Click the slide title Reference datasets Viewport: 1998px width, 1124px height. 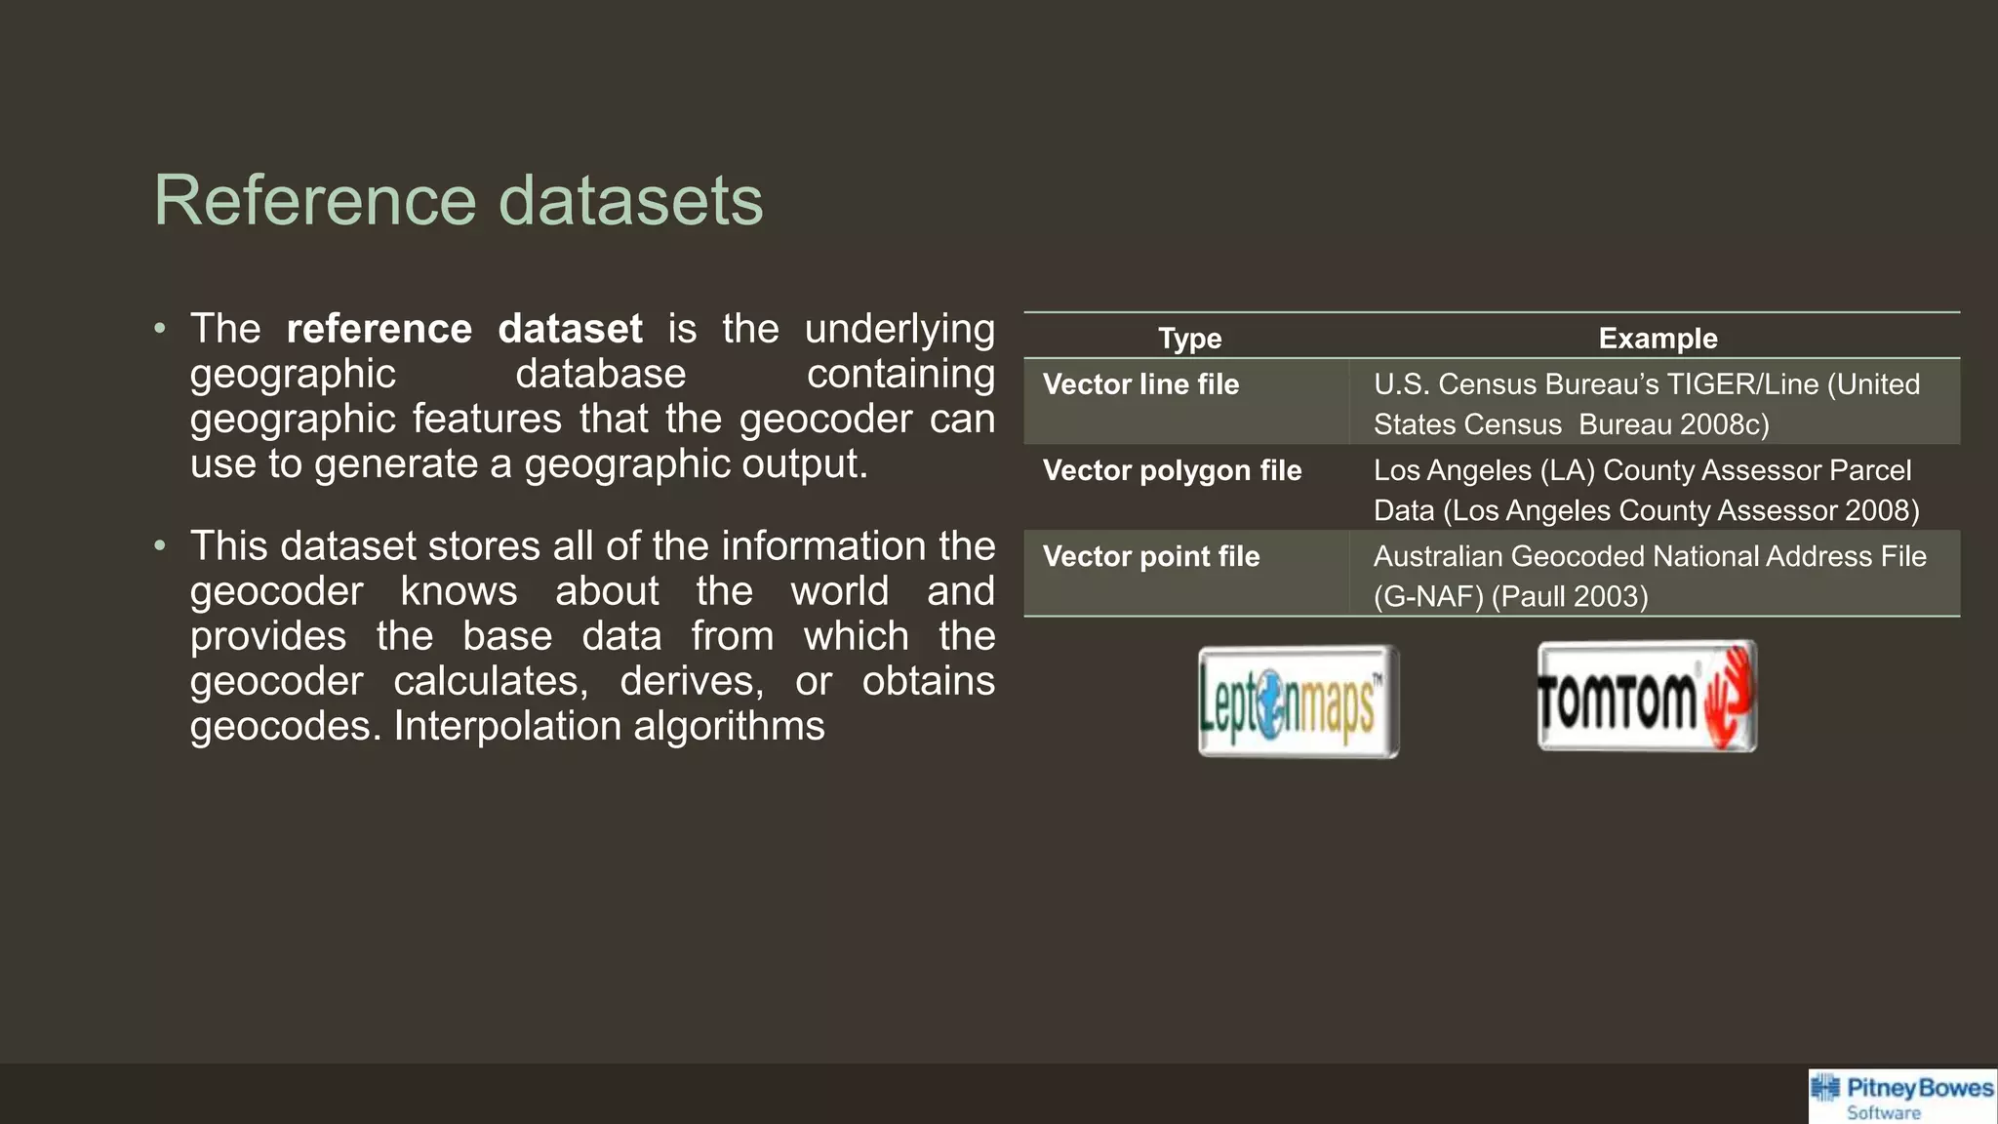[x=459, y=201]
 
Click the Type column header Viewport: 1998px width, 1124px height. [x=1189, y=339]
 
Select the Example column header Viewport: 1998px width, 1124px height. [x=1658, y=339]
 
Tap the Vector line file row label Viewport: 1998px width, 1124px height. [x=1140, y=384]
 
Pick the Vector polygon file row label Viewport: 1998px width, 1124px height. [x=1172, y=470]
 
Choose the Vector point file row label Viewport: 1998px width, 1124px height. [x=1151, y=556]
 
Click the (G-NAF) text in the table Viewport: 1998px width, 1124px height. [x=1428, y=596]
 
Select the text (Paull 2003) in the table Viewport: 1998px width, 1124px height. [x=1570, y=596]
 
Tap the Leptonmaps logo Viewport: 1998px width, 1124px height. [x=1298, y=702]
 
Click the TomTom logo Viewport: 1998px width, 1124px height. [x=1647, y=697]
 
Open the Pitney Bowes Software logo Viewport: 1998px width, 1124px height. [x=1901, y=1097]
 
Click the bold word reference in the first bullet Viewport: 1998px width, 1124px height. [x=379, y=329]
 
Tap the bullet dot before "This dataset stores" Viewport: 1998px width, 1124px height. [x=160, y=545]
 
